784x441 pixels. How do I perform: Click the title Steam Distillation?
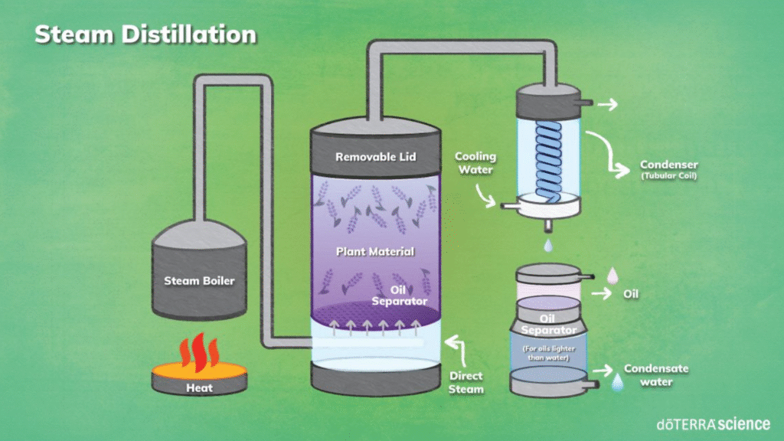point(145,34)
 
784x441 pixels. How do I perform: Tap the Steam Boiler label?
point(200,281)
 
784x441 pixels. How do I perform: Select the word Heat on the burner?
point(200,388)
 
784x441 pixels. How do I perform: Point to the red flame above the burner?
point(200,351)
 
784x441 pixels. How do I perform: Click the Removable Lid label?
point(375,157)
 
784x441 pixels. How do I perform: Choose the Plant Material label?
point(375,251)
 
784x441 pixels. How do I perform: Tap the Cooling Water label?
point(475,163)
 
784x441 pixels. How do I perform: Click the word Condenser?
point(669,165)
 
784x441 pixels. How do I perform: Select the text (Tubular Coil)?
point(669,175)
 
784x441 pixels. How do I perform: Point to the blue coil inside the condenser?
point(548,160)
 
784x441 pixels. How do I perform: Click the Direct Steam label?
point(466,383)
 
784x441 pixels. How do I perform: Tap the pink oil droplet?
point(612,276)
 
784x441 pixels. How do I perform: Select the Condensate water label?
point(656,375)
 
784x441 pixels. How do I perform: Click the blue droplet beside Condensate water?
point(618,383)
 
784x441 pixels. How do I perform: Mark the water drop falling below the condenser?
point(548,246)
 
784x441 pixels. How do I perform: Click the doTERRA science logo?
point(714,424)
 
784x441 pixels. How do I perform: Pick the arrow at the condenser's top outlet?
point(607,104)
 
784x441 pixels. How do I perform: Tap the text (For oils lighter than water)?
point(548,353)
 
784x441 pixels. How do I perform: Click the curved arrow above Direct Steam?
point(457,350)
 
